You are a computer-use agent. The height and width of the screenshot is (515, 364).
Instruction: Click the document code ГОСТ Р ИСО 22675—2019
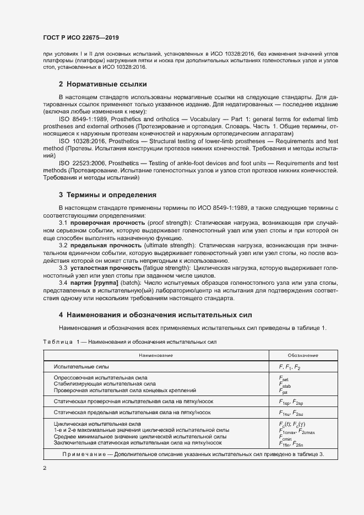(81, 37)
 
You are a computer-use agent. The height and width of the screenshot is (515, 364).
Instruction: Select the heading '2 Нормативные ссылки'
(102, 84)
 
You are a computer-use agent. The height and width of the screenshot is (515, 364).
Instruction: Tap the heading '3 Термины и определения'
(108, 195)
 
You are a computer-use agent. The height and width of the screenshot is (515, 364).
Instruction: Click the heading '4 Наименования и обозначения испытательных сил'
(155, 315)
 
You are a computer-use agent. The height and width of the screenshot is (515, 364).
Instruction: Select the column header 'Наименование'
(156, 355)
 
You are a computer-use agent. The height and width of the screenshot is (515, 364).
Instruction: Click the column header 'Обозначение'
(302, 355)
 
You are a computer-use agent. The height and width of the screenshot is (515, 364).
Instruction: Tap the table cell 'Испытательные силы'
(81, 366)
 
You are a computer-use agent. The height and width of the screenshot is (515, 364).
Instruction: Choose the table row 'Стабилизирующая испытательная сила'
(105, 383)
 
